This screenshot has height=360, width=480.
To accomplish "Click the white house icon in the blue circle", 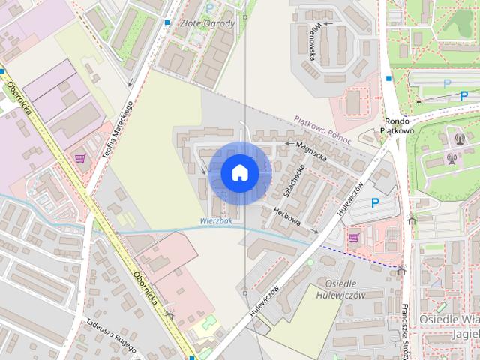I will coord(239,172).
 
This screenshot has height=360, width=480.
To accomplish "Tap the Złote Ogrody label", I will coord(208,23).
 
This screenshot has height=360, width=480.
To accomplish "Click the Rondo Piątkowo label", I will coord(397,125).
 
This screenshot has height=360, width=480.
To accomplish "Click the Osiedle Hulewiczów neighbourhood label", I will coord(346,289).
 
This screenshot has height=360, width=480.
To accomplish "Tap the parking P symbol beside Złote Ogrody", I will coord(210,7).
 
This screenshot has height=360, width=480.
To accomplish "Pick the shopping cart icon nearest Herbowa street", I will coord(353,237).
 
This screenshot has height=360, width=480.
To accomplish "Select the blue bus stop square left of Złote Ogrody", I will coord(166,23).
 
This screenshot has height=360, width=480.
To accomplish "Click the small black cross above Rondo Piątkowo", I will coord(418,101).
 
